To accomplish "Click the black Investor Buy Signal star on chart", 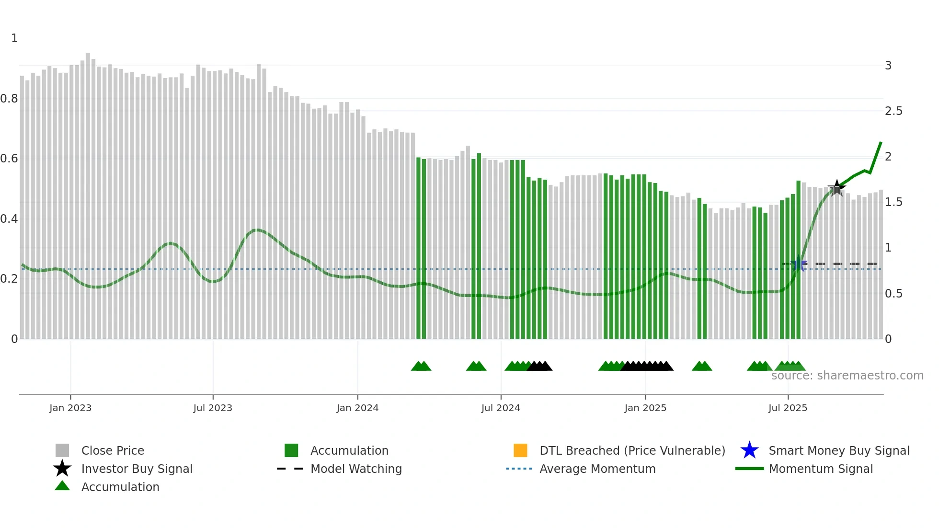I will tap(836, 188).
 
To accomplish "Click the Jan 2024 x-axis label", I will tap(357, 408).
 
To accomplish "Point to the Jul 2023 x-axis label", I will tap(213, 408).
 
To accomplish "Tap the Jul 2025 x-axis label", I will tap(788, 408).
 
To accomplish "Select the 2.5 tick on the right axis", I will tap(893, 111).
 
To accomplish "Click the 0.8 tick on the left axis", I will tap(9, 99).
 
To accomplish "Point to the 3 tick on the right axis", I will tap(888, 66).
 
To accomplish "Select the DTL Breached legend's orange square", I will tap(520, 450).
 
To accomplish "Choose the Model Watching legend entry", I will tap(355, 469).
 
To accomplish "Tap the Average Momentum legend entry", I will tap(597, 469).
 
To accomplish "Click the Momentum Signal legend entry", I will tap(820, 469).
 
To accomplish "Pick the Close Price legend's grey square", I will tap(62, 450).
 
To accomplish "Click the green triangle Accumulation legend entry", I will tap(120, 487).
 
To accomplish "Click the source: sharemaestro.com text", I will tap(847, 376).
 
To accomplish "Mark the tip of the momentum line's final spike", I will tap(881, 142).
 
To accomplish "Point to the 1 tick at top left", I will tap(14, 38).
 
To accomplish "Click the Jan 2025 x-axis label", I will tap(645, 408).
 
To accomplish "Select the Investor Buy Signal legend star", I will tap(62, 469).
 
